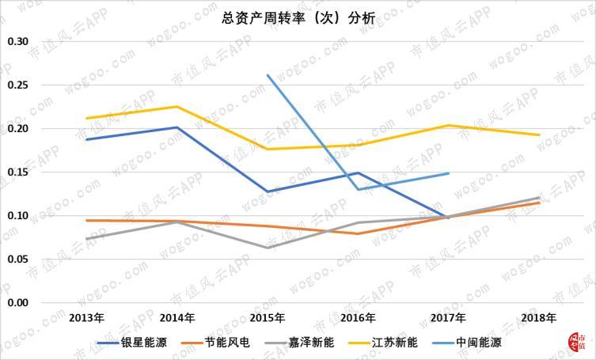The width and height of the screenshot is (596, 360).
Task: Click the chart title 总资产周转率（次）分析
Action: (x=298, y=18)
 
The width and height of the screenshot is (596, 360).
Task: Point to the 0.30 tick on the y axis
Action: (x=18, y=41)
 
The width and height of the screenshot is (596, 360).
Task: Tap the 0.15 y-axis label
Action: (x=18, y=172)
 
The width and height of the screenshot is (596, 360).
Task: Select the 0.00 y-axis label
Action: (x=18, y=303)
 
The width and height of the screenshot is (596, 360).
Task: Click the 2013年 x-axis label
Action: (x=86, y=318)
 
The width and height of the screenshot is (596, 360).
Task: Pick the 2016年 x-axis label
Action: (x=358, y=318)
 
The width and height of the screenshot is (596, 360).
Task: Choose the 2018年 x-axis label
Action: (x=539, y=318)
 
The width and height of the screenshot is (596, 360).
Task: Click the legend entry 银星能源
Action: (x=132, y=343)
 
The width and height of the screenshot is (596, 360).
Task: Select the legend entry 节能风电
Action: (x=215, y=343)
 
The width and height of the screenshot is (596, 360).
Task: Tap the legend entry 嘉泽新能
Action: (x=299, y=343)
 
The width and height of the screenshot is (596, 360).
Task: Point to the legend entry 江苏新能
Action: (x=383, y=343)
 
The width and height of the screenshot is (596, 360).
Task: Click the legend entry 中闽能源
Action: (x=467, y=343)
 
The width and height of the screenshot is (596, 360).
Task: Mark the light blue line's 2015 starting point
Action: (x=268, y=75)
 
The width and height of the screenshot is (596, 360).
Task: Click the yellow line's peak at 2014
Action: (x=177, y=107)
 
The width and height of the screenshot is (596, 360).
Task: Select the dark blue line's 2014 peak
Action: (x=177, y=127)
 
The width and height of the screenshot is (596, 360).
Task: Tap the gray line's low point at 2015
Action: (x=268, y=248)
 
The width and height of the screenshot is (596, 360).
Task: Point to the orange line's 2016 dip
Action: (x=358, y=233)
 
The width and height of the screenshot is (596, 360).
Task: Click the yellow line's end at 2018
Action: (x=539, y=135)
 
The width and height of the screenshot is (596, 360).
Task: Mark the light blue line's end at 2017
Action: (x=449, y=173)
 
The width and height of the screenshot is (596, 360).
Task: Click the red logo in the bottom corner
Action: (x=577, y=341)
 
